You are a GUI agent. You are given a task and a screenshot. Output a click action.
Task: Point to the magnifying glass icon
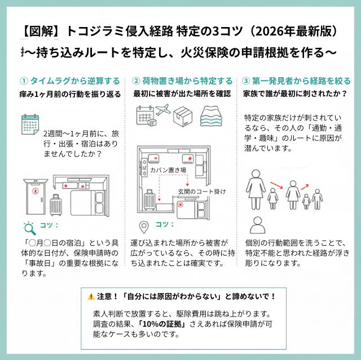tap(28, 227)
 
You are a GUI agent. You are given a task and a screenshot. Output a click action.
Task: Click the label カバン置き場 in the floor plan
tap(167, 169)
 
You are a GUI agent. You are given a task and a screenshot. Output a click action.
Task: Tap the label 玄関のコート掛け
tap(201, 191)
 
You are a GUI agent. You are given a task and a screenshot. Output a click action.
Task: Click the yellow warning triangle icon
tap(91, 296)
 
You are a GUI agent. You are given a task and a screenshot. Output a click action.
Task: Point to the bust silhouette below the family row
tap(258, 225)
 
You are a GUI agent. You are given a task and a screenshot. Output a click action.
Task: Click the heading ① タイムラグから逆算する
tap(69, 81)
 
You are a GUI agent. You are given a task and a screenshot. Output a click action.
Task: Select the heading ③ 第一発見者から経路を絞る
tap(296, 81)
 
